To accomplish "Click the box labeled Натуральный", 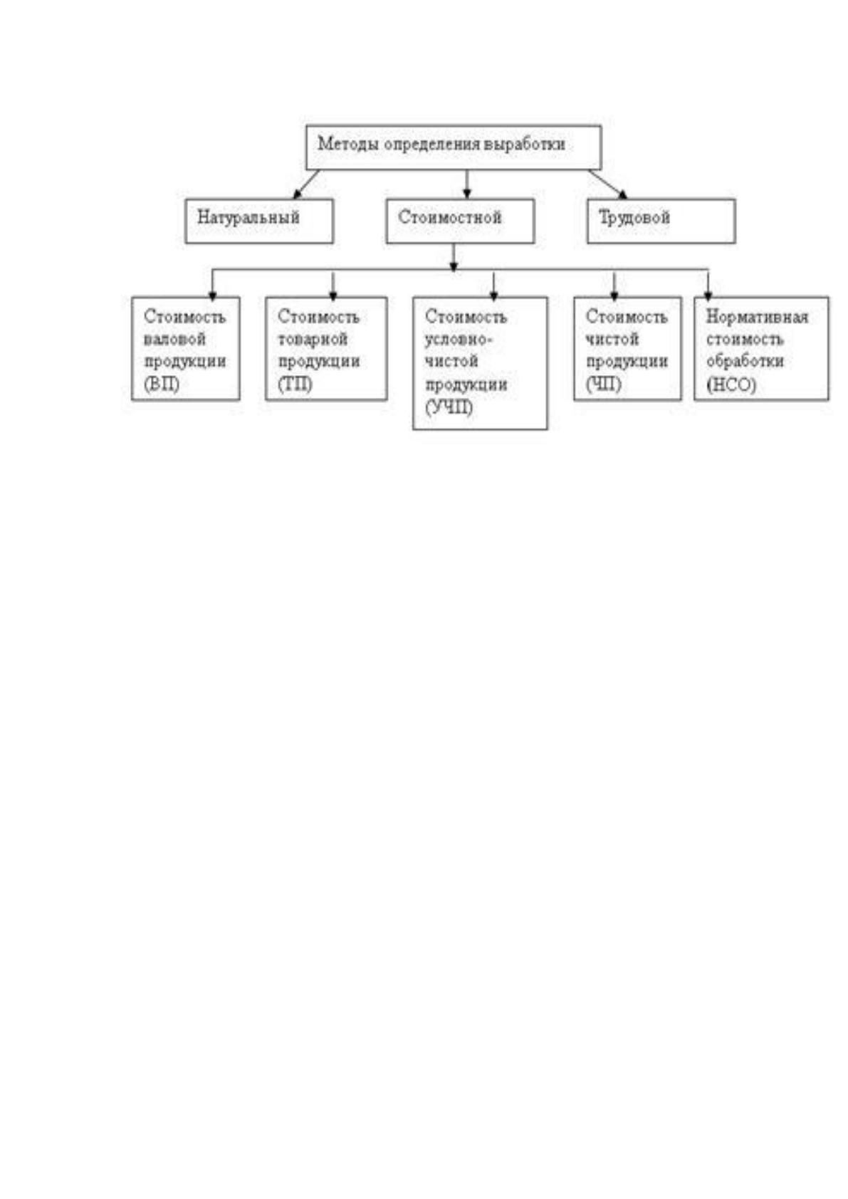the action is (259, 221).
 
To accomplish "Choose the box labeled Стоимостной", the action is (461, 221).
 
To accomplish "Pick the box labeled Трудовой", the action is (661, 221).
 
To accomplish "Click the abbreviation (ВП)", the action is (162, 384).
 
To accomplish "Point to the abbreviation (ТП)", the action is (295, 384).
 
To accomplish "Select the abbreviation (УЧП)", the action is (449, 407).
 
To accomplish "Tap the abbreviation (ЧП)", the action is (603, 384).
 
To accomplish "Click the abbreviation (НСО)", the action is (731, 385).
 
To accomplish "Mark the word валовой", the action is (174, 339).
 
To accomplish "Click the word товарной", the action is (313, 340).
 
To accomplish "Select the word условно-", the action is (459, 340).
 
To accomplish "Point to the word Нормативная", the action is (757, 317).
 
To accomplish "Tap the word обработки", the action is (745, 361).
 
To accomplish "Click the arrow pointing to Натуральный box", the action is (306, 184).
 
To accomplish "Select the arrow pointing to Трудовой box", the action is (607, 184).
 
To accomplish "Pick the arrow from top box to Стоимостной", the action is (467, 184).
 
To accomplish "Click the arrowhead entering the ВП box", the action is (213, 295).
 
